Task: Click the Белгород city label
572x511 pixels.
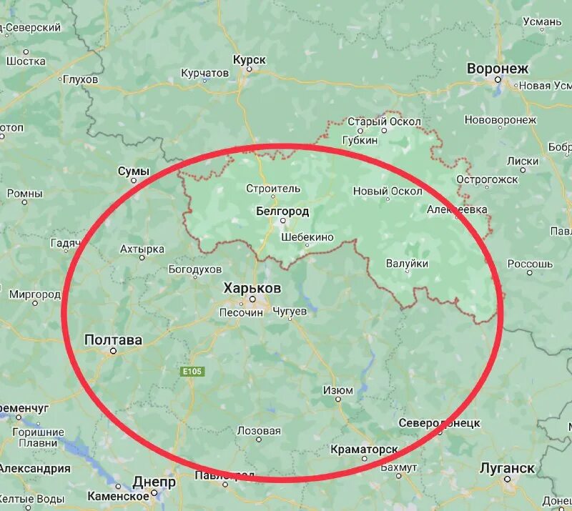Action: click(282, 212)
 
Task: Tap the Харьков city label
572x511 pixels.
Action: click(252, 288)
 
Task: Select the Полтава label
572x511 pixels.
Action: click(113, 339)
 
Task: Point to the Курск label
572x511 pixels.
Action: click(250, 60)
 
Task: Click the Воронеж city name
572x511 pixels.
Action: click(498, 69)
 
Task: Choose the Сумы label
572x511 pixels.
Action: click(134, 172)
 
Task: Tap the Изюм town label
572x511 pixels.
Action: click(337, 390)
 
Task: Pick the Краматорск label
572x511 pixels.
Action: click(364, 450)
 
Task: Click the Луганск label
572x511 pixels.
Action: click(507, 468)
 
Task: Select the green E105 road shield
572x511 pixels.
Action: click(192, 372)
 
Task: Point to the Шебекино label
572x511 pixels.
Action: click(307, 236)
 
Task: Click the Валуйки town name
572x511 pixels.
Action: click(407, 264)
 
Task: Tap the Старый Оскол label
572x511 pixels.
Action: click(385, 121)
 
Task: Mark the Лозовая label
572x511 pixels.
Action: click(259, 431)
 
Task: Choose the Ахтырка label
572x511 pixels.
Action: click(142, 249)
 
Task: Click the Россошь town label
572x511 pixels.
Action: click(531, 264)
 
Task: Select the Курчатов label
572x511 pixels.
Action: click(205, 73)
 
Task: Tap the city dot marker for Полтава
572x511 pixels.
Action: click(112, 352)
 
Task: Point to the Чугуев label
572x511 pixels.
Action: click(290, 312)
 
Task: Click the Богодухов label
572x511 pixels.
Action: click(195, 269)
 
